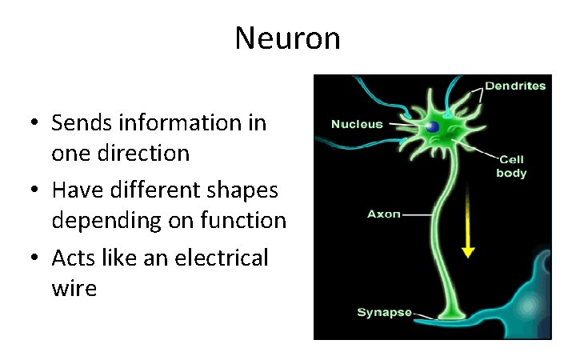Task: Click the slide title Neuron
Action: click(287, 38)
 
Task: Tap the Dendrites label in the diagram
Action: click(515, 86)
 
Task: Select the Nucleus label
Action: click(357, 124)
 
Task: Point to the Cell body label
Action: click(511, 166)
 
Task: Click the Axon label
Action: click(383, 214)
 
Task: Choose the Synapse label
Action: click(384, 312)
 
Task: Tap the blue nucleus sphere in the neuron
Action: click(433, 126)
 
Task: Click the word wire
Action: click(74, 286)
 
